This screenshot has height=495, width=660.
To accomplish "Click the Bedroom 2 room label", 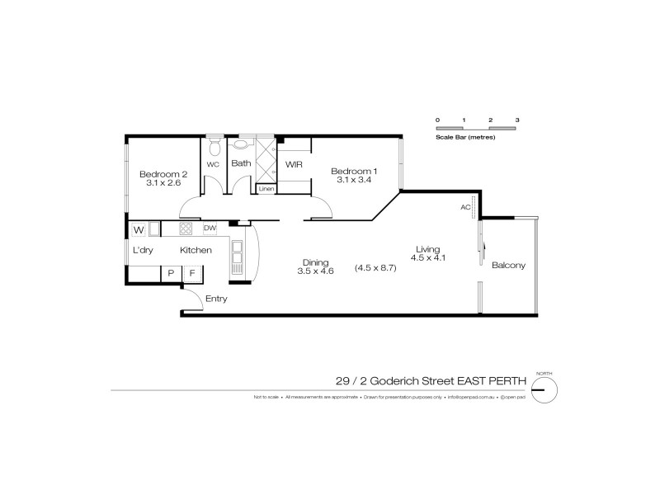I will [163, 173].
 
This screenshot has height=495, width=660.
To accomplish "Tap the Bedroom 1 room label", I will [353, 171].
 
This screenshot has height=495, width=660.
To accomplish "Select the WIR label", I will [295, 164].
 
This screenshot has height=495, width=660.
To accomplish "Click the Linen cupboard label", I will [266, 189].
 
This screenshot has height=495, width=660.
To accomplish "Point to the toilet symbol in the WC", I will [214, 147].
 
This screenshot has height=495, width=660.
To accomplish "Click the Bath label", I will [241, 163].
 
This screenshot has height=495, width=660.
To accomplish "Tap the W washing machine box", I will [139, 229].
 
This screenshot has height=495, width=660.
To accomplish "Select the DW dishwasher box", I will [210, 229].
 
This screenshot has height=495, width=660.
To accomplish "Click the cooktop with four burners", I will [186, 229].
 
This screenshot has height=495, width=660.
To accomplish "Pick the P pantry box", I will [171, 272].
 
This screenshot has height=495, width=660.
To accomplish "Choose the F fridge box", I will [192, 272].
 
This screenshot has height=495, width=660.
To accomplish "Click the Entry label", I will [216, 299].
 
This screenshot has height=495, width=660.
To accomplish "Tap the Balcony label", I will [508, 266].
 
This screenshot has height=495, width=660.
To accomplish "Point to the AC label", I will [465, 207].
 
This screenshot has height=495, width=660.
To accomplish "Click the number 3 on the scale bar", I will [517, 120].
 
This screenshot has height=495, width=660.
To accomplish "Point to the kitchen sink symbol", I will [238, 258].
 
